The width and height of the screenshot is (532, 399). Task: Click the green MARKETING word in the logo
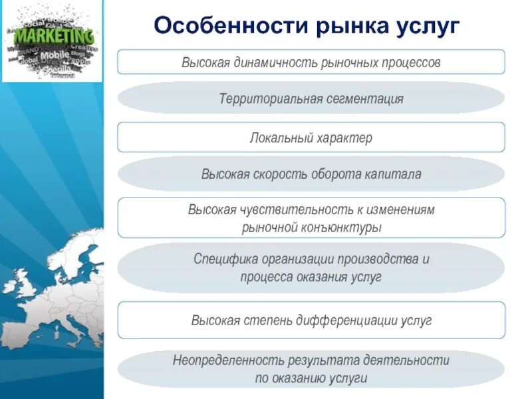pyautogui.click(x=54, y=35)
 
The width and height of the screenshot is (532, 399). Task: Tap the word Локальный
pyautogui.click(x=280, y=138)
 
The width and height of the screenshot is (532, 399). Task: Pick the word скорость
pyautogui.click(x=281, y=174)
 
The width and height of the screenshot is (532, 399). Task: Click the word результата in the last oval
pyautogui.click(x=323, y=360)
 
